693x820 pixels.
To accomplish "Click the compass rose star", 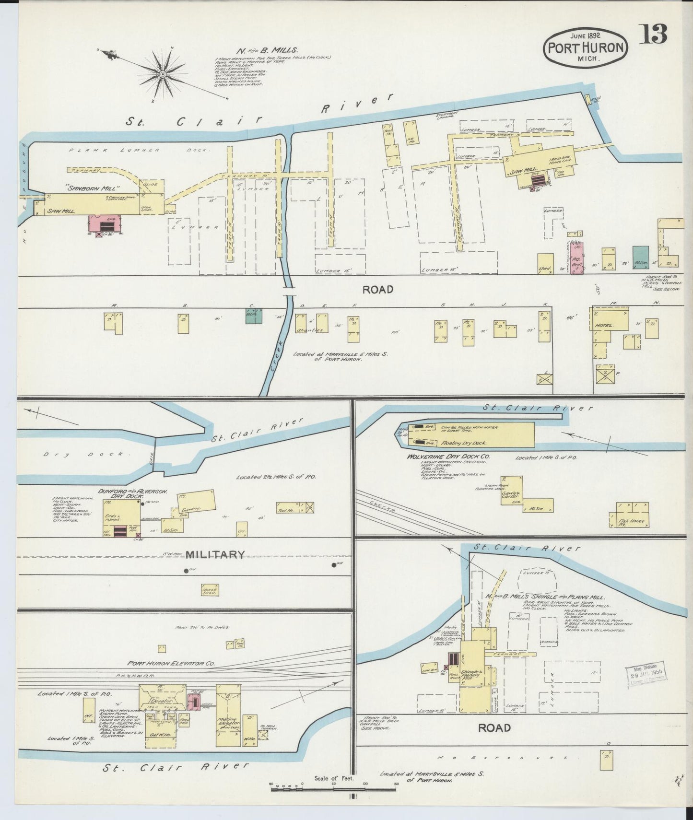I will coord(162,74).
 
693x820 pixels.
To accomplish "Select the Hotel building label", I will coord(604,326).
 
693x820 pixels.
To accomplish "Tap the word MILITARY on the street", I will coord(215,555).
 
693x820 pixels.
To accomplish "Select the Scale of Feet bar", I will coord(334,785).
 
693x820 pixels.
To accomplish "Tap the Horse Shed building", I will coord(210,590).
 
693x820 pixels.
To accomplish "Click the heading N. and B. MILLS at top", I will coord(267,50).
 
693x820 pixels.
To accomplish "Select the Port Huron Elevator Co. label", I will coord(171,664).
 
